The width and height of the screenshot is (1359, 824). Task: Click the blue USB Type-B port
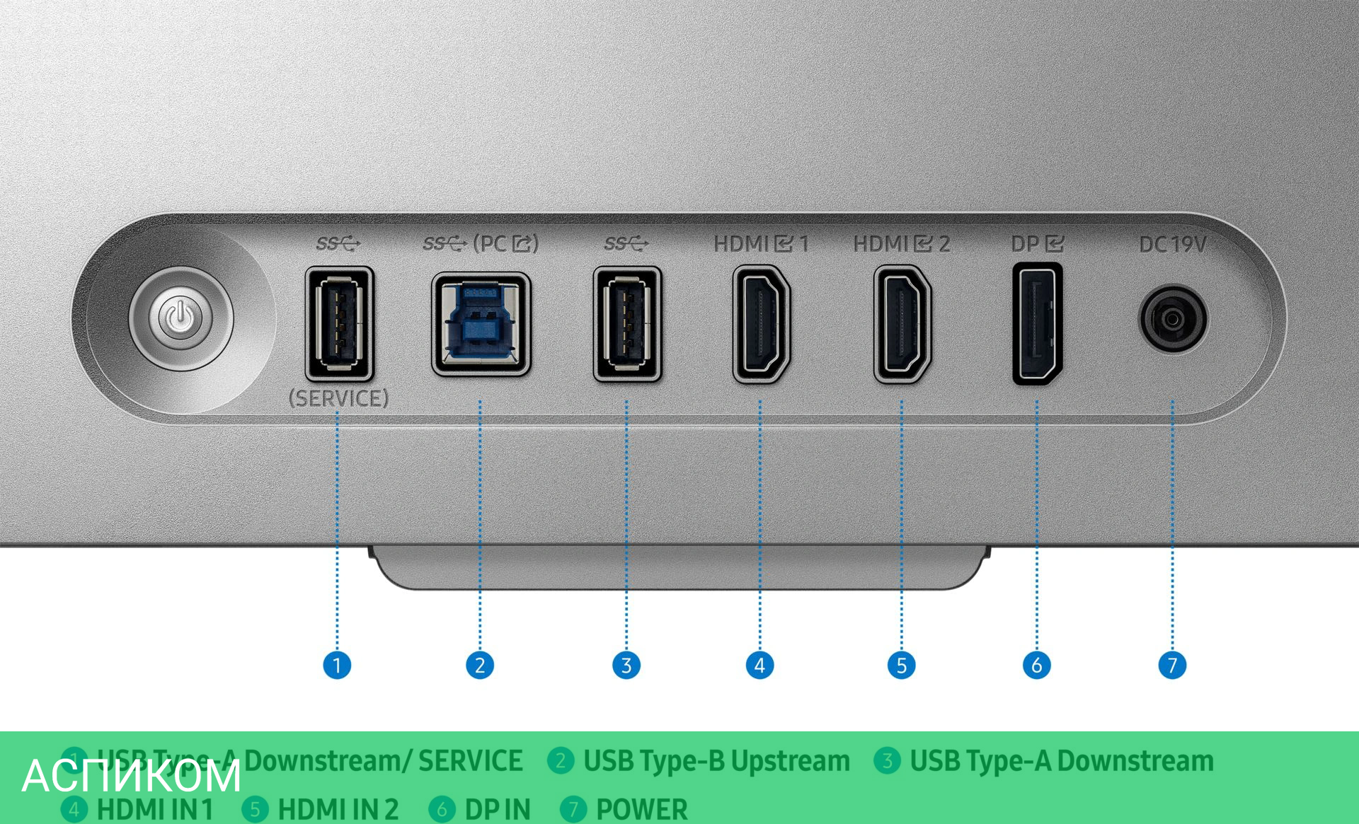tap(481, 324)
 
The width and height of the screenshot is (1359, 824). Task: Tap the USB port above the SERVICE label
tap(339, 323)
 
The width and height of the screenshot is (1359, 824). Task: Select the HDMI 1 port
tap(761, 324)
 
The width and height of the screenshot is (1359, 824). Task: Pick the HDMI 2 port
tap(902, 324)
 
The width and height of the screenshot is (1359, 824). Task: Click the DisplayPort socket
tap(1037, 323)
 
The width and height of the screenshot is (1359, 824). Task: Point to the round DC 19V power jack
tap(1172, 319)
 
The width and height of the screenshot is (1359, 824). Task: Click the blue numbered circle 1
tap(337, 665)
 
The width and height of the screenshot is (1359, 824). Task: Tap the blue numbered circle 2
tap(480, 665)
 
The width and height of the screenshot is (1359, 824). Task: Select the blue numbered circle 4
tap(759, 665)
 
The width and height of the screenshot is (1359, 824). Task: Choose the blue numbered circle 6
tap(1036, 665)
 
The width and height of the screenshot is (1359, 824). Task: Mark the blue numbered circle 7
tap(1172, 665)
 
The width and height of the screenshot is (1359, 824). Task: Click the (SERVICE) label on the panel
tap(338, 398)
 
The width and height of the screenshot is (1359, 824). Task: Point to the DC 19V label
tap(1172, 245)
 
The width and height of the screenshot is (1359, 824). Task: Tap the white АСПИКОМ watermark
tap(132, 776)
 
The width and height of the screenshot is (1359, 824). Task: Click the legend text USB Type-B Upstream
tap(716, 761)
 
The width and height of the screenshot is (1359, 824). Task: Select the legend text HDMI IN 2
tap(338, 809)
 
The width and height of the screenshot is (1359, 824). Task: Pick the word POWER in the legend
tap(641, 809)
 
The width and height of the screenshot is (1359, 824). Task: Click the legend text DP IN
tap(497, 809)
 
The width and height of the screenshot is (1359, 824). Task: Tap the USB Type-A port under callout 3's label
tap(627, 323)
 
